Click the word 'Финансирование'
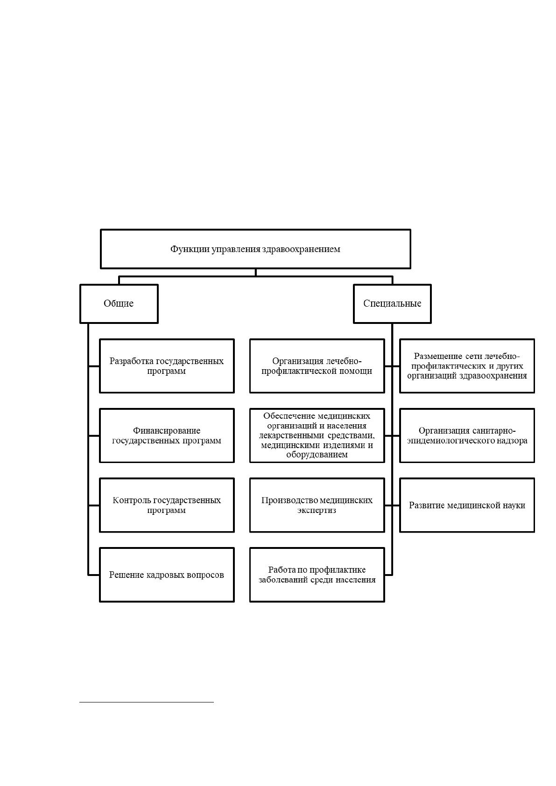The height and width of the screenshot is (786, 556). coord(167,430)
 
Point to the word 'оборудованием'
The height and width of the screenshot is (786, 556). coord(317,455)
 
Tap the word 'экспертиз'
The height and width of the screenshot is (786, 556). coord(317,510)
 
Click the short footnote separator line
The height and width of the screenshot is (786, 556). coord(147,702)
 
